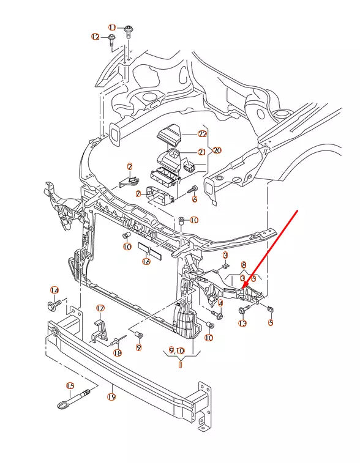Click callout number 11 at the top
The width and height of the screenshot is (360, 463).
pyautogui.click(x=112, y=28)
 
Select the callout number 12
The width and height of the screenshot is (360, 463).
pyautogui.click(x=96, y=37)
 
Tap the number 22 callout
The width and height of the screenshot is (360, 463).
pyautogui.click(x=203, y=134)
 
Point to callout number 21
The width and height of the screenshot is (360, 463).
pyautogui.click(x=202, y=152)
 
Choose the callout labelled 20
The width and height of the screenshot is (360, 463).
pyautogui.click(x=217, y=150)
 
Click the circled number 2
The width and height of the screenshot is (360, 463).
pyautogui.click(x=130, y=166)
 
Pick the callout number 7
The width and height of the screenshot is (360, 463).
pyautogui.click(x=138, y=194)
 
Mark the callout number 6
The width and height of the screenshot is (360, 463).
pyautogui.click(x=195, y=199)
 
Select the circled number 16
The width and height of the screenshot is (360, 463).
pyautogui.click(x=146, y=261)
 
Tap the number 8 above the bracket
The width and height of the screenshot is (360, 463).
pyautogui.click(x=244, y=265)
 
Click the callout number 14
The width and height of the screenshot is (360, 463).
pyautogui.click(x=54, y=290)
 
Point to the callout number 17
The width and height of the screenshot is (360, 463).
pyautogui.click(x=100, y=308)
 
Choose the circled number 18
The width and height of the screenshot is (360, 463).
pyautogui.click(x=118, y=353)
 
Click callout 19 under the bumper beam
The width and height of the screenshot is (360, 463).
pyautogui.click(x=111, y=396)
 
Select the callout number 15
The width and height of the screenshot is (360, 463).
pyautogui.click(x=70, y=386)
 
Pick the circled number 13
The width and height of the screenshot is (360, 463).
pyautogui.click(x=242, y=324)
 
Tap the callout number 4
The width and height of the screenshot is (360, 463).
pyautogui.click(x=220, y=302)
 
